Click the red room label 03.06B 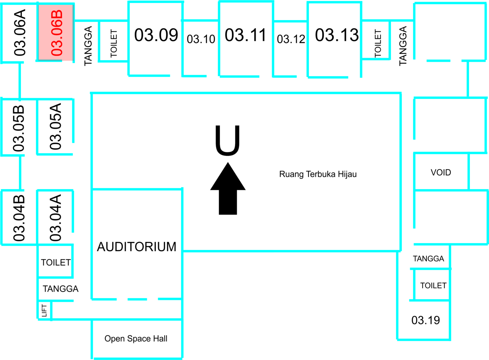57,33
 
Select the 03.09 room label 156,35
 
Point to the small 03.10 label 201,39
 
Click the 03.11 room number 245,35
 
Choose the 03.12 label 291,39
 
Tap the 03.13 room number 337,35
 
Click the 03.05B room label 18,128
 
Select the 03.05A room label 55,127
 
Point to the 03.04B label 19,218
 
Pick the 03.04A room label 55,217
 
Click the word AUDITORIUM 137,247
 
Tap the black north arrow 228,188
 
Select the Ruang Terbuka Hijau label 318,174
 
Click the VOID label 441,172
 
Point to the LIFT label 44,311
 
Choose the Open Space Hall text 136,338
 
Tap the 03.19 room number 425,320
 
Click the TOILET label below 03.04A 56,262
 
